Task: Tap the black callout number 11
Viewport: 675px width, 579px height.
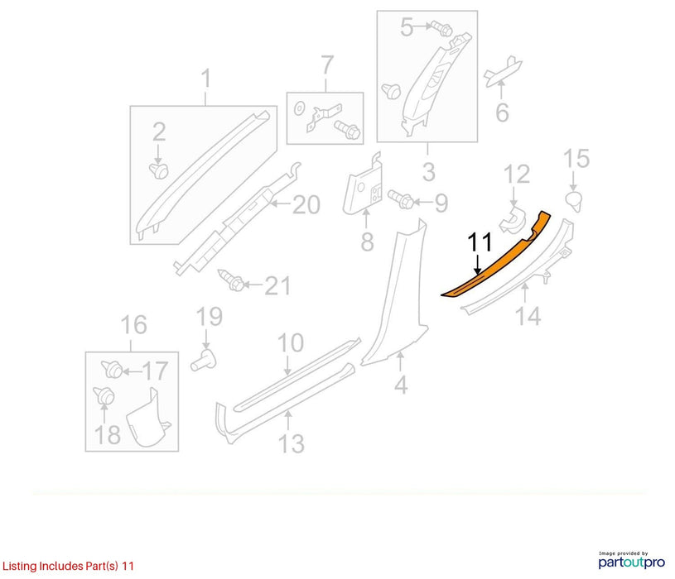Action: coord(480,242)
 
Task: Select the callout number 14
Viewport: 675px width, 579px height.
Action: coord(528,316)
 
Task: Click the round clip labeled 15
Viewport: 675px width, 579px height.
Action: coord(574,201)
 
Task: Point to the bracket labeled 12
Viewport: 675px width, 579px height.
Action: coord(512,219)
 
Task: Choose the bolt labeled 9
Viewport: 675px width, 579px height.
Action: coord(401,199)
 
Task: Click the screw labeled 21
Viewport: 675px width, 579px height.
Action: coord(231,279)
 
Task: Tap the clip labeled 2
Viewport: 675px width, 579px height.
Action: coord(159,170)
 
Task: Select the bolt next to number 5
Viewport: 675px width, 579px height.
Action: coord(441,28)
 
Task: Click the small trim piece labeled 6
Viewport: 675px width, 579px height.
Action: coord(503,71)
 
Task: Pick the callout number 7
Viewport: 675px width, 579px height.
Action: coord(327,65)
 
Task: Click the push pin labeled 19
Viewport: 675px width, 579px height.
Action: coord(204,360)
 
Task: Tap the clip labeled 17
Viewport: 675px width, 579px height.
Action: coord(112,369)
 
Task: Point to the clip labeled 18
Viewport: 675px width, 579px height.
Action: coord(104,395)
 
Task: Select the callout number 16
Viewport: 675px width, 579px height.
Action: coord(134,324)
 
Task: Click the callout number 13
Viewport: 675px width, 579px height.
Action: coord(292,443)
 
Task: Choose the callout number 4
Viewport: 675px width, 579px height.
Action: coord(401,385)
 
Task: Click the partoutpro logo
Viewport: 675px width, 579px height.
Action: coord(632,560)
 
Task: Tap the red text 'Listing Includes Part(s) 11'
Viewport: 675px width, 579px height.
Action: coord(69,566)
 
